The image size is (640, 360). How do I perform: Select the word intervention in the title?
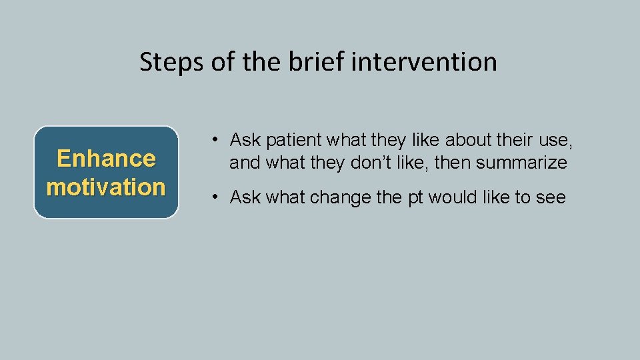pos(424,62)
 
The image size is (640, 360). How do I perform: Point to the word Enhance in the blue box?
pos(106,159)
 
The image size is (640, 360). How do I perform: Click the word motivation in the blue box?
pos(106,187)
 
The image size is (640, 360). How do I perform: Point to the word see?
pos(551,197)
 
